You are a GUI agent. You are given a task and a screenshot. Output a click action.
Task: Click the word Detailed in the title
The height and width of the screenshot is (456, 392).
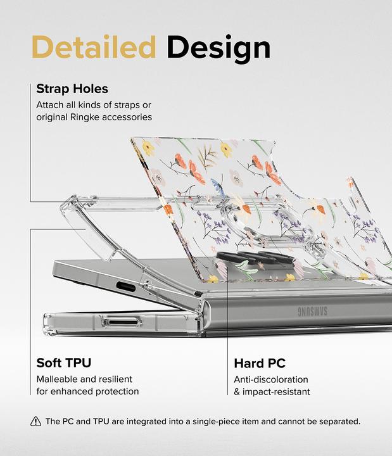pos(93,48)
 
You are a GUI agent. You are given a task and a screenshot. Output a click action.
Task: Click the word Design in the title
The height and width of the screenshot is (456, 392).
pos(218,48)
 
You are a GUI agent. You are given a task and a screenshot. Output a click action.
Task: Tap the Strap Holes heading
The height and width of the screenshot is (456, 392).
pos(72,89)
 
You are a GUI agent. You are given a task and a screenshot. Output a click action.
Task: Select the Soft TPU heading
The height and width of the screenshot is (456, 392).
pos(64,363)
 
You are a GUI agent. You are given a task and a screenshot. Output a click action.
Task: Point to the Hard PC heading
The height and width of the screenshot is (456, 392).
pos(260,364)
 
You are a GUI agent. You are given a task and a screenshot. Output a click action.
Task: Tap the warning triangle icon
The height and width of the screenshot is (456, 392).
pos(35,421)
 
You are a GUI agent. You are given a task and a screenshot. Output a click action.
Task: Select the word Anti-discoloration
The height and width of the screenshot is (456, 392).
pos(271,379)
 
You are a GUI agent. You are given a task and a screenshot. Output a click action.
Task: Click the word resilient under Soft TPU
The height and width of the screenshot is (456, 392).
pos(113,379)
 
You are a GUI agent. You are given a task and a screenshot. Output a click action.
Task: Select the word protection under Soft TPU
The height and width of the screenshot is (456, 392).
pos(118,391)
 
